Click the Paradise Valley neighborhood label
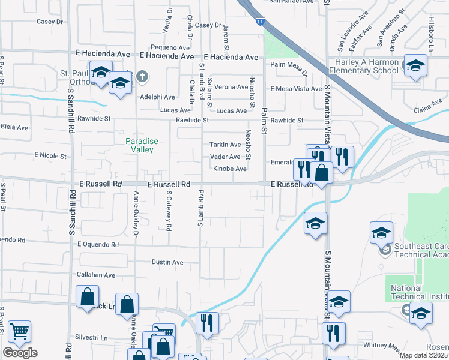142,145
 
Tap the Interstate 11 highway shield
259,22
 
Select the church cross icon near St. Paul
142,76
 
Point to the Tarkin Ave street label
225,145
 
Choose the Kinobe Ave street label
230,169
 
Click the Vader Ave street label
225,157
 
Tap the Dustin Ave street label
167,262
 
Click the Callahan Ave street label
96,275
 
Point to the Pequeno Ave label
170,47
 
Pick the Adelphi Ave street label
157,97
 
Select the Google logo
20,353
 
